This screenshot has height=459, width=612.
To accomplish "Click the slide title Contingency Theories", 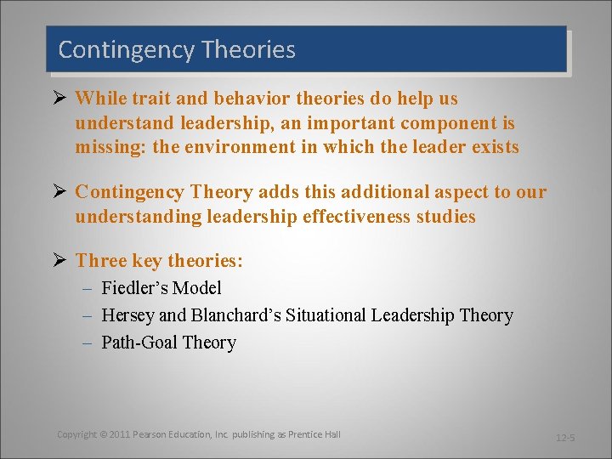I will [177, 49].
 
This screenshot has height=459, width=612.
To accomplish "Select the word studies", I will [447, 217].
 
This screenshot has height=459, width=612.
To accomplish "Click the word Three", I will [99, 261].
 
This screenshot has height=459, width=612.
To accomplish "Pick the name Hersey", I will [127, 315].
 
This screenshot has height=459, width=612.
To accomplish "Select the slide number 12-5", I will [565, 438].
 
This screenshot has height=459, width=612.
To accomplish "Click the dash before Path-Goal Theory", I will [90, 343].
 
